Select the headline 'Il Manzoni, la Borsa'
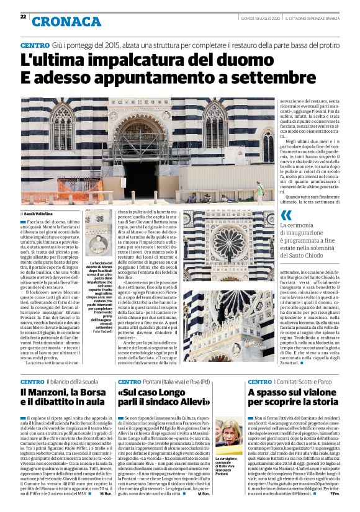point(61,393)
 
